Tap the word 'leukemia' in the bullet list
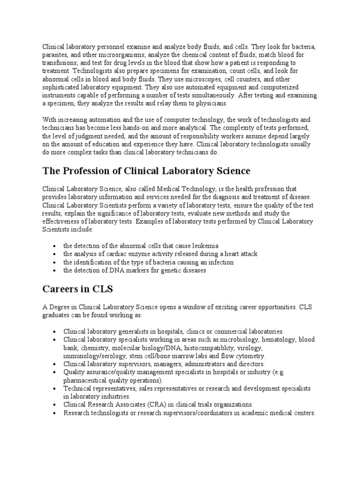point(206,246)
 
